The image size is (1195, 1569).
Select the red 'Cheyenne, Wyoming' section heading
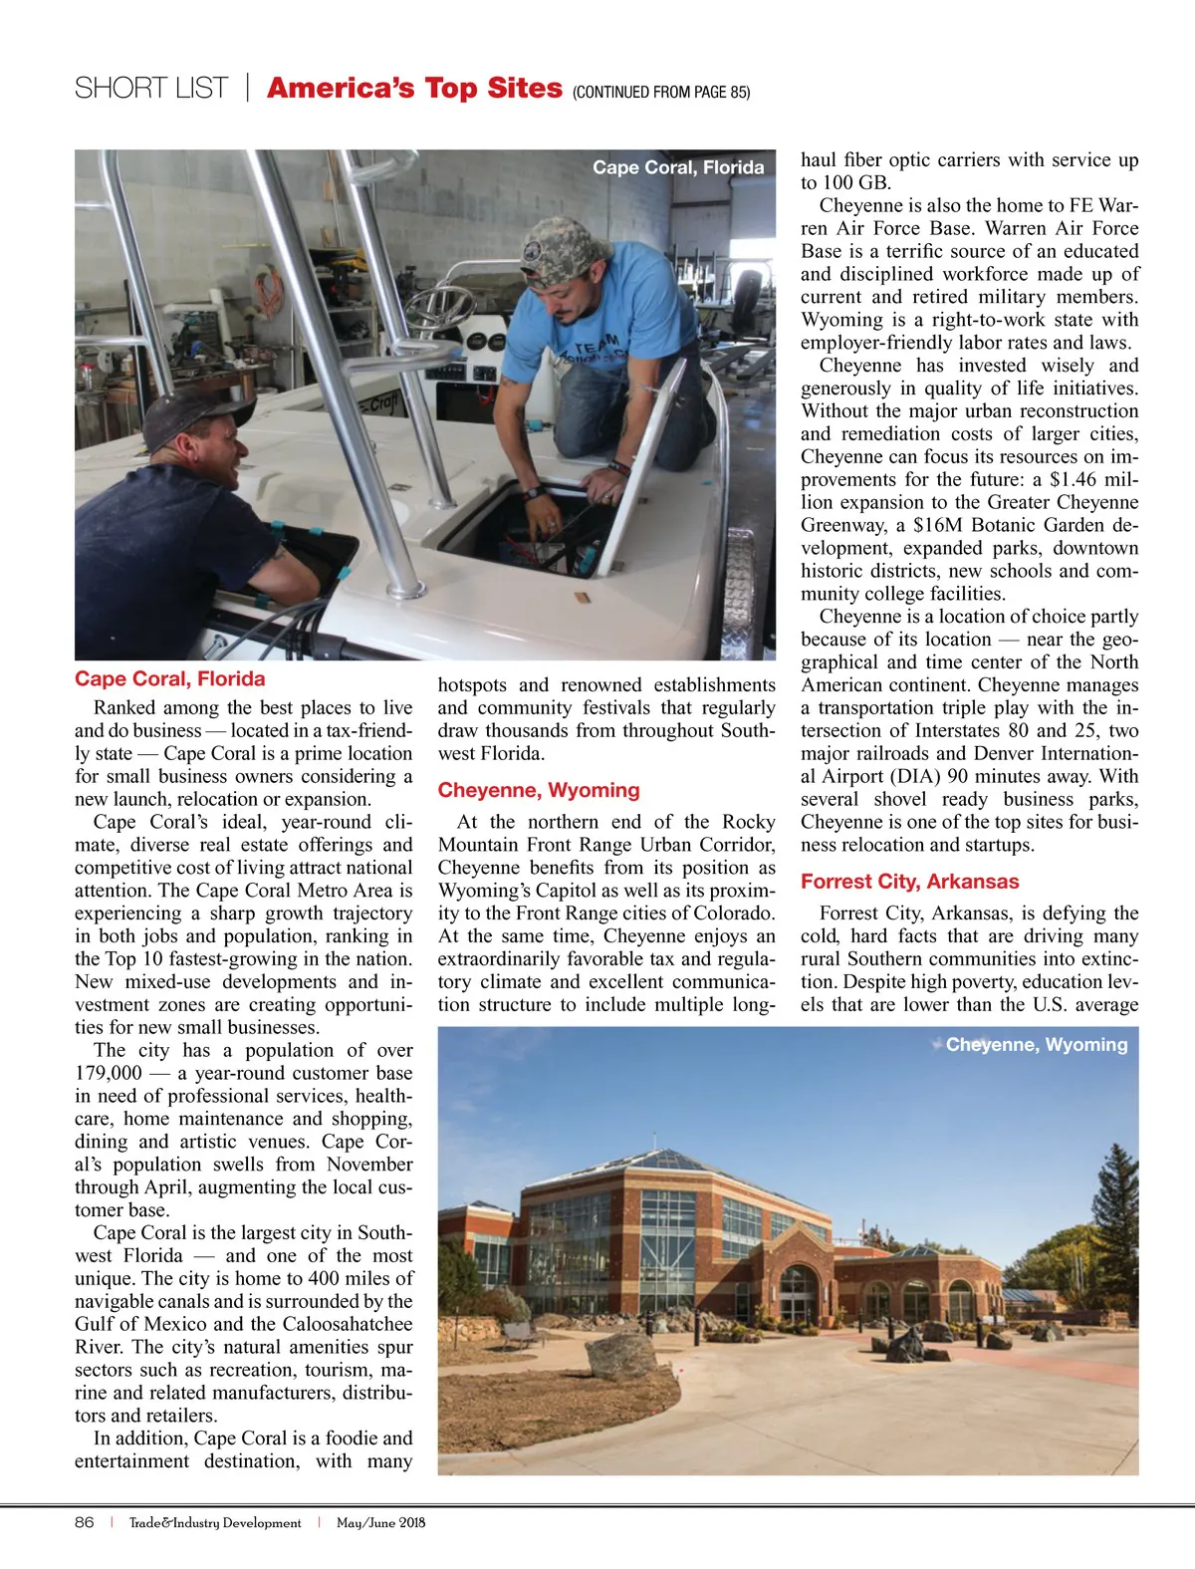tap(539, 790)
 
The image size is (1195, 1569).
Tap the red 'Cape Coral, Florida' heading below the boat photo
tap(170, 679)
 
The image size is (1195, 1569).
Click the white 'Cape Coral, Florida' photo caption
tap(678, 167)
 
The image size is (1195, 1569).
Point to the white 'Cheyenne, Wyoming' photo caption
tap(1036, 1045)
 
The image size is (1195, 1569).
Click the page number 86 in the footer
tap(85, 1522)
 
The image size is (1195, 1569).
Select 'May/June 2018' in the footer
tap(380, 1522)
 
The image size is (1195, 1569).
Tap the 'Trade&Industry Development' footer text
tap(215, 1522)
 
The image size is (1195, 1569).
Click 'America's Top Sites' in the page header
tap(414, 89)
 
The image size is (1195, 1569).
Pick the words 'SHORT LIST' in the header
tap(151, 89)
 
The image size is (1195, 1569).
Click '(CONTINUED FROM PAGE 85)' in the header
tap(661, 93)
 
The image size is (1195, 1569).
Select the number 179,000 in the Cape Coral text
tap(109, 1073)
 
